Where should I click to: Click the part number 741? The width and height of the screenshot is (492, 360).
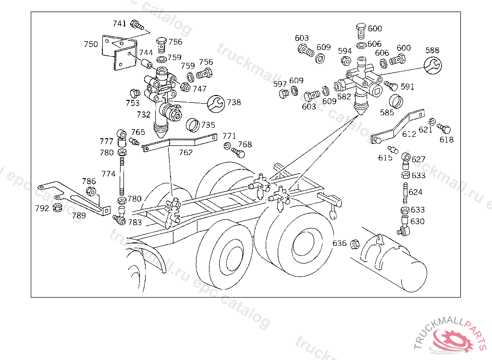click(119, 24)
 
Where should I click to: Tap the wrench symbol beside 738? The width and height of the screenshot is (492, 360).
click(216, 104)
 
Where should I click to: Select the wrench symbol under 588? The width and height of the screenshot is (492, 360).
click(433, 65)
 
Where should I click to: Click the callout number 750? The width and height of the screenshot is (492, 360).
click(91, 44)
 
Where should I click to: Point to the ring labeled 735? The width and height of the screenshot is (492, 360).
click(193, 125)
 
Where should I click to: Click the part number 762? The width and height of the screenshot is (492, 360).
click(186, 153)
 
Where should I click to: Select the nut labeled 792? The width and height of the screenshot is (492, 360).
click(58, 207)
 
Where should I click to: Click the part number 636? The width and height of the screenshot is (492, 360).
click(340, 243)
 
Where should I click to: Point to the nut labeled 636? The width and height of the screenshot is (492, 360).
click(355, 244)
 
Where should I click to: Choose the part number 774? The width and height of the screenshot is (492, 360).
click(108, 174)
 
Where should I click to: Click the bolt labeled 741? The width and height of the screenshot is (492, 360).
click(137, 24)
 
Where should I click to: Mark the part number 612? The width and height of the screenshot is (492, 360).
click(409, 134)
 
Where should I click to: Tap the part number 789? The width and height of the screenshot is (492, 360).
click(79, 216)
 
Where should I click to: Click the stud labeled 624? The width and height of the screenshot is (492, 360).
click(406, 192)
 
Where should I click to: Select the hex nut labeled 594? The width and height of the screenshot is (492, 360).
click(346, 60)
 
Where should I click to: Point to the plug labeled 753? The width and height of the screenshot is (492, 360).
click(135, 94)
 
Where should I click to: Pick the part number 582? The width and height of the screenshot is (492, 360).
click(344, 96)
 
